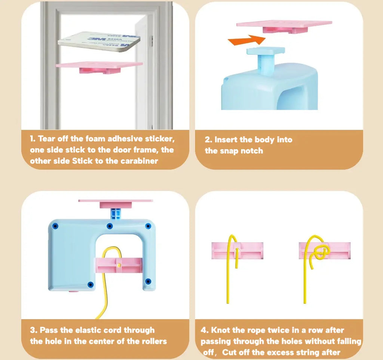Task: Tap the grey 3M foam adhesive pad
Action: click(99, 41)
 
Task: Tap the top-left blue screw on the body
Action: click(55, 226)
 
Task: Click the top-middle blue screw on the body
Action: click(110, 226)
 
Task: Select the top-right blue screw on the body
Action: click(148, 226)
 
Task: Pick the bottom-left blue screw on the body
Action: click(91, 284)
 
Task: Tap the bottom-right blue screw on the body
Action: click(148, 281)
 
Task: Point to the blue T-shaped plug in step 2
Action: click(266, 59)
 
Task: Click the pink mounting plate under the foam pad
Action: click(99, 67)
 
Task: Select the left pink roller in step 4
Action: click(238, 251)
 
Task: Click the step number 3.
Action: click(33, 330)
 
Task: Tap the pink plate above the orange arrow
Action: click(284, 27)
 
